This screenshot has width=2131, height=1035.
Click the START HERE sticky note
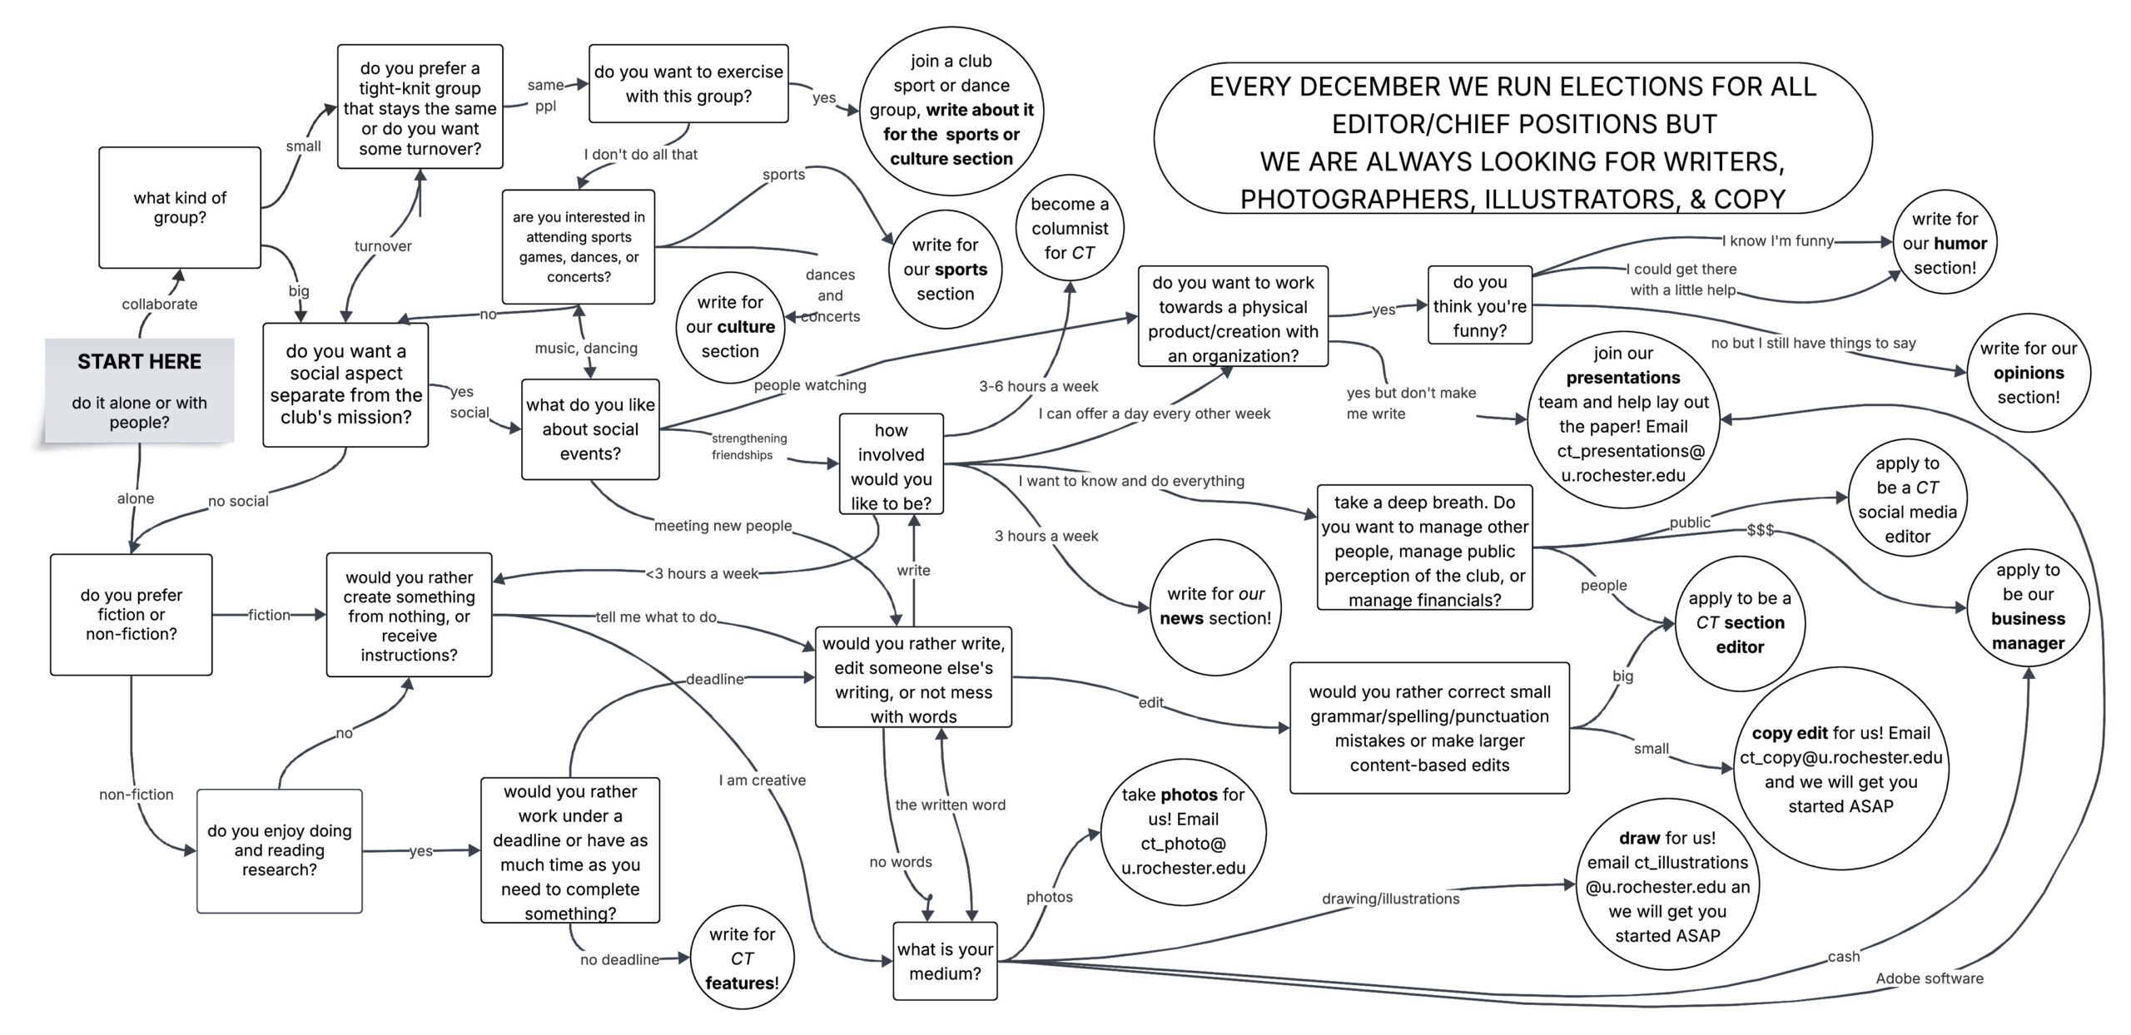point(140,390)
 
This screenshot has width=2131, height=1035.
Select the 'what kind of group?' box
point(180,208)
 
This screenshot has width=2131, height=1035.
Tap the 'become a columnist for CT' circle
point(1070,228)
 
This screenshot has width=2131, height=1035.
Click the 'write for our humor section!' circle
point(1945,243)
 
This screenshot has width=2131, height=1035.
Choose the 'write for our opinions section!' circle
point(2029,373)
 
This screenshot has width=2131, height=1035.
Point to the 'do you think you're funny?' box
point(1480,305)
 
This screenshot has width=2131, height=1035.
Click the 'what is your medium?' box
point(945,961)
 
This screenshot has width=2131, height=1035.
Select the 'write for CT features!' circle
point(743,958)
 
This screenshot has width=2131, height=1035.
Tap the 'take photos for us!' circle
point(1183,831)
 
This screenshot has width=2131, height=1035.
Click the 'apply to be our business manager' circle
point(2028,607)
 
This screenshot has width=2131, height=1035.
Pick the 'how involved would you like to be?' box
point(892,466)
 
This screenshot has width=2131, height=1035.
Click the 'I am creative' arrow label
point(762,780)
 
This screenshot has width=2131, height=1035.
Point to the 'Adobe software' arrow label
point(1930,978)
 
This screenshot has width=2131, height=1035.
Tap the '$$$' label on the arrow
point(1761,530)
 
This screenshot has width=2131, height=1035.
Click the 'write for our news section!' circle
point(1215,607)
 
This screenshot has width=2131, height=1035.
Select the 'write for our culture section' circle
point(730,327)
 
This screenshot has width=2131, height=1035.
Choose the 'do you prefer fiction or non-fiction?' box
point(132,615)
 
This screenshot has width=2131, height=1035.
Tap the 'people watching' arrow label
point(810,385)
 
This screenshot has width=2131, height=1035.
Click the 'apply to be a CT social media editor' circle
point(1907,500)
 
